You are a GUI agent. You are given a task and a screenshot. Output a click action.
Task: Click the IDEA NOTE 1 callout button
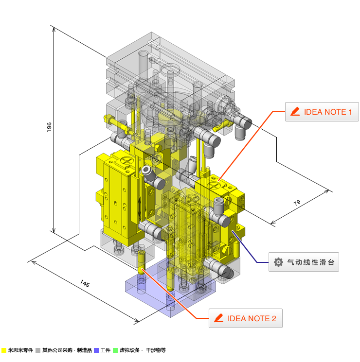[x=322, y=112]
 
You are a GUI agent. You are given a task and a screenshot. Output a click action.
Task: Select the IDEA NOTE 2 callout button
[x=246, y=318]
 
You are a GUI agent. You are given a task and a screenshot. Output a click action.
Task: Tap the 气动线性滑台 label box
[x=304, y=262]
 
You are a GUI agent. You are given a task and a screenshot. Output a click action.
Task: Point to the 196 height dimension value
[x=49, y=127]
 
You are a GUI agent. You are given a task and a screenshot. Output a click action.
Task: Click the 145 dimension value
[x=85, y=283]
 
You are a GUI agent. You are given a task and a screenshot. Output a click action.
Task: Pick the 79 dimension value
[x=297, y=203]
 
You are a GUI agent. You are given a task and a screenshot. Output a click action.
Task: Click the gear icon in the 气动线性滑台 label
[x=278, y=262]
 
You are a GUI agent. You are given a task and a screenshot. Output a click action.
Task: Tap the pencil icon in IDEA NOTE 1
[x=295, y=111]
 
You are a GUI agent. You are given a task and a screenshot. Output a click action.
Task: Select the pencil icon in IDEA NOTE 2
[x=218, y=318]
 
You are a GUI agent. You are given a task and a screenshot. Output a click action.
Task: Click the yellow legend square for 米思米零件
[x=4, y=350]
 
